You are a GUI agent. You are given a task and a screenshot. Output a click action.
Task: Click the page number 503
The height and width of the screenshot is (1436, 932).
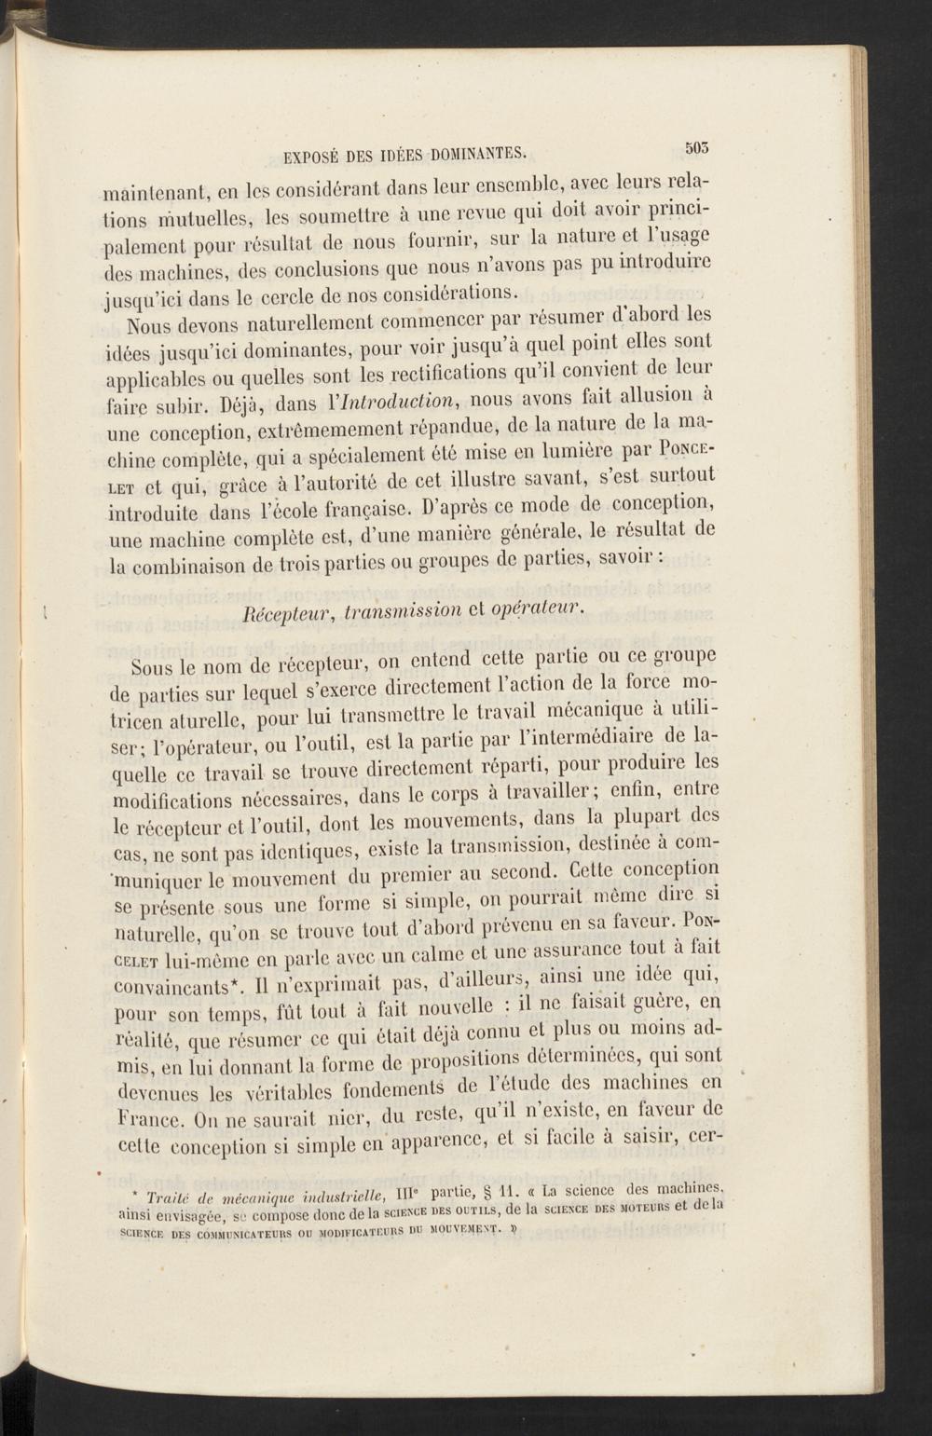697,145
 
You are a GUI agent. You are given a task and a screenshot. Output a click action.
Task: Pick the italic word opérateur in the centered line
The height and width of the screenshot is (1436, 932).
545,609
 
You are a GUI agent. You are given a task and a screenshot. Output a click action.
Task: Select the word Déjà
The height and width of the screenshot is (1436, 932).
242,407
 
